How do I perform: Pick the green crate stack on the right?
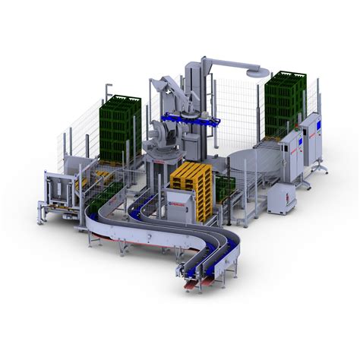pyautogui.click(x=283, y=102)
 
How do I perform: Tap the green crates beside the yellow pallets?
pyautogui.click(x=226, y=186)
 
